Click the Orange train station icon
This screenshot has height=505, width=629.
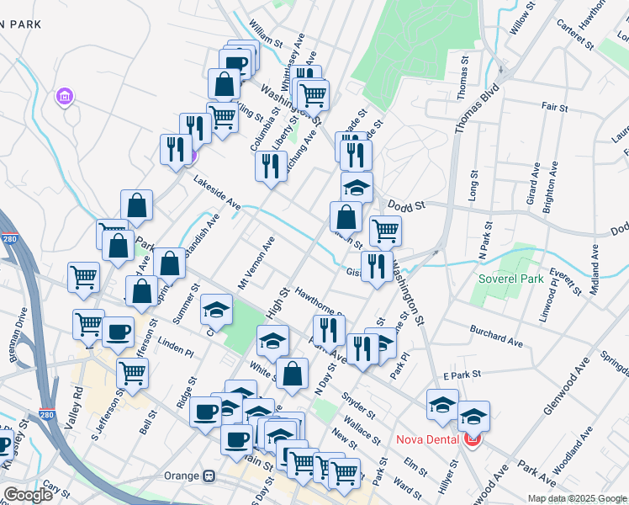(208, 476)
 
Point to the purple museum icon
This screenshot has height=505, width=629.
(65, 98)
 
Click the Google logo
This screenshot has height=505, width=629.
(28, 495)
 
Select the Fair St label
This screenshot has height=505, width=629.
(555, 108)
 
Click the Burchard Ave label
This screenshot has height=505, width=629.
(496, 337)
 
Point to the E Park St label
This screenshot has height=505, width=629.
(461, 374)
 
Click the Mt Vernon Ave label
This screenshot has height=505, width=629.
(257, 259)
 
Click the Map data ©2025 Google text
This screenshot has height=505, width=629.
(576, 498)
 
